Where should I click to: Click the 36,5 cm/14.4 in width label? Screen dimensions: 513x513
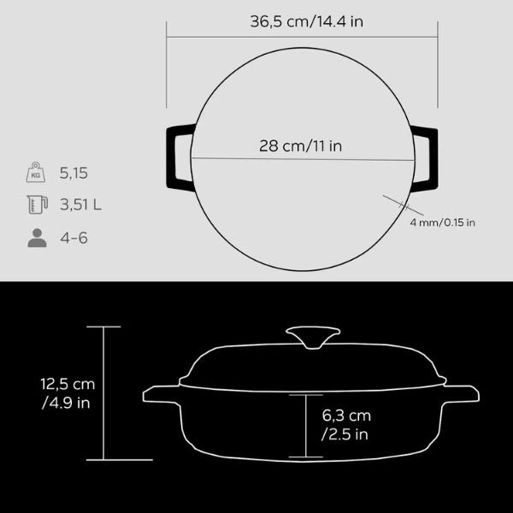tap(307, 21)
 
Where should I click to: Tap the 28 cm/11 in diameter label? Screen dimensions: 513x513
tap(300, 146)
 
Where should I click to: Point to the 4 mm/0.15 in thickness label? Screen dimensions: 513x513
tap(442, 222)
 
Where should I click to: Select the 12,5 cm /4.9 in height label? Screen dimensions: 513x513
tap(68, 393)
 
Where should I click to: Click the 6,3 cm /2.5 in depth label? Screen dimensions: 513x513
tap(346, 425)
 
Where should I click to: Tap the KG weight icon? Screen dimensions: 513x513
tap(36, 172)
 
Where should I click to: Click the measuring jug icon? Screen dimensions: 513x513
tap(38, 204)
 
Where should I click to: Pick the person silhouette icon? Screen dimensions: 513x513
tap(37, 238)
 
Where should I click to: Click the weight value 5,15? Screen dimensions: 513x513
tap(74, 173)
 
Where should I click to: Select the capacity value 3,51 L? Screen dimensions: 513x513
tap(80, 205)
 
